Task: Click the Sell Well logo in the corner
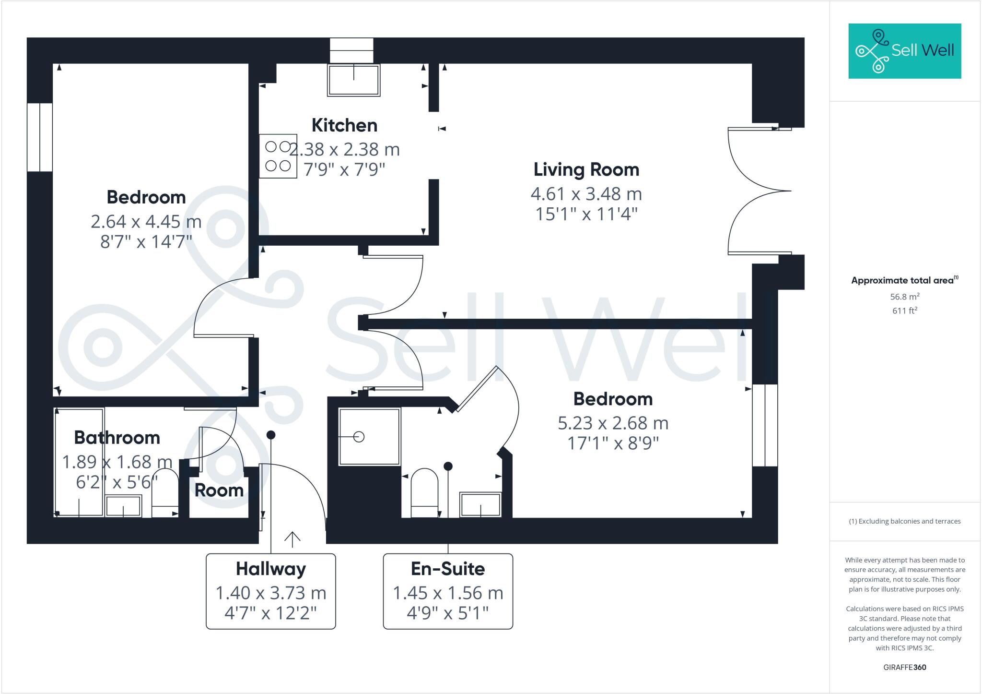point(904,51)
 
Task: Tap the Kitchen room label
point(344,125)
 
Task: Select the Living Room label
point(586,169)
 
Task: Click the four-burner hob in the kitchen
point(278,156)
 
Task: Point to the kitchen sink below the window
point(353,80)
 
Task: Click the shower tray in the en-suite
point(369,437)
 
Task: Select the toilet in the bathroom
point(164,493)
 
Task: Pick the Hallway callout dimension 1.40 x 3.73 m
point(270,593)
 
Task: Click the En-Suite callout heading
point(448,569)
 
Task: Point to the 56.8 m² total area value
point(904,297)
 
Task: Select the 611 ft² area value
point(904,311)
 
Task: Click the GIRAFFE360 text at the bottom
point(904,667)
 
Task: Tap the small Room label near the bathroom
point(219,491)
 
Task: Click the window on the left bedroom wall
point(39,137)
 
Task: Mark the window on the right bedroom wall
point(764,425)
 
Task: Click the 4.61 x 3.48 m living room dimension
point(586,194)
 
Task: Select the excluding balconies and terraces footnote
point(904,521)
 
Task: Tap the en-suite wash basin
point(480,504)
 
